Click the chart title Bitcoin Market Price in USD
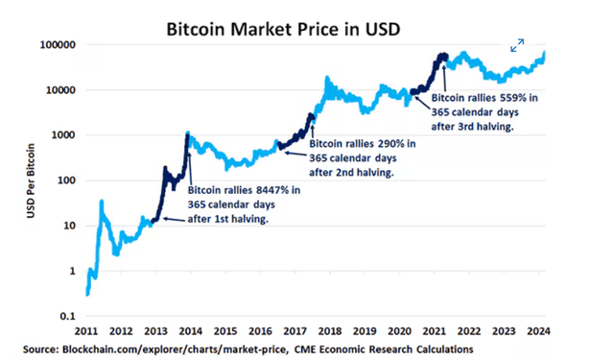coord(306,28)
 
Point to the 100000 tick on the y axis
coord(57,45)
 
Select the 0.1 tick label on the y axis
coord(66,315)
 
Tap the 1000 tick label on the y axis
coord(62,135)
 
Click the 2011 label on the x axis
coord(86,331)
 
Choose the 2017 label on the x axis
coord(295,331)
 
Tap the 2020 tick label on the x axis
coord(398,331)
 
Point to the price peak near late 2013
coord(187,132)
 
